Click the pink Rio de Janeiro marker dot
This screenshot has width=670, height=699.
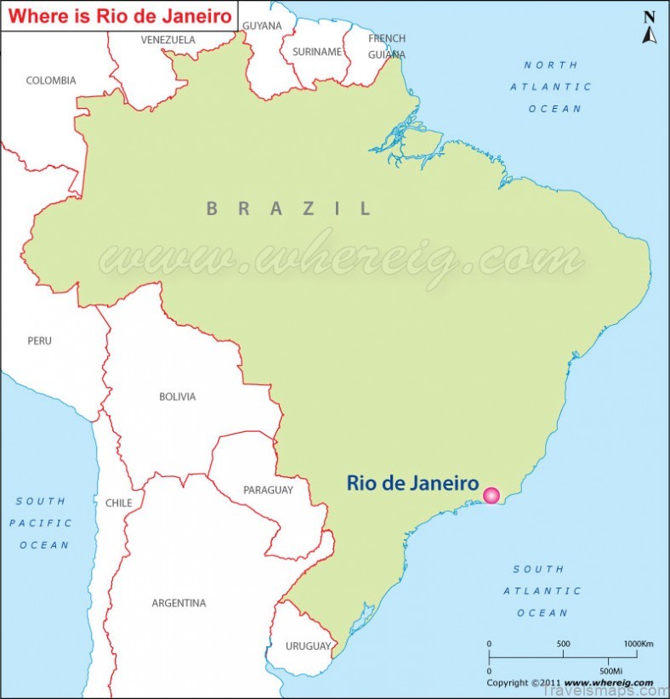(x=491, y=496)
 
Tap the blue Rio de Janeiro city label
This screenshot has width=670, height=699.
(x=412, y=483)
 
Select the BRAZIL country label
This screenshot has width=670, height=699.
(x=289, y=208)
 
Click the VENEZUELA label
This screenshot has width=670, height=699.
(x=167, y=40)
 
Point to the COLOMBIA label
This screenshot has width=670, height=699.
(x=51, y=81)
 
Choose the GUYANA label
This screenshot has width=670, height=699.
(x=262, y=26)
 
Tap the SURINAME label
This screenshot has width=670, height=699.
(x=317, y=52)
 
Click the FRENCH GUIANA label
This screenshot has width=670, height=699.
(x=387, y=46)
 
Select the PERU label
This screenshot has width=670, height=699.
(x=39, y=341)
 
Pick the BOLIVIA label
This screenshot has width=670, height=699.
(x=177, y=396)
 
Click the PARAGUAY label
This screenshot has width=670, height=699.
(x=268, y=490)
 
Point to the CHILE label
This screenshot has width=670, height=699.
(x=118, y=503)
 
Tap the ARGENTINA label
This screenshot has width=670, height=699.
(x=179, y=603)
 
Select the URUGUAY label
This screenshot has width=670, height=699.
(x=308, y=646)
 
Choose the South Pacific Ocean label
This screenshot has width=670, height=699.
(x=41, y=523)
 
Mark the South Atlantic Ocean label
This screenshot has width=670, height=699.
(x=542, y=591)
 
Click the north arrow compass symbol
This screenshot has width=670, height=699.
(x=649, y=28)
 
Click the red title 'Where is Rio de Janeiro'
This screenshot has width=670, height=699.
(x=119, y=15)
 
